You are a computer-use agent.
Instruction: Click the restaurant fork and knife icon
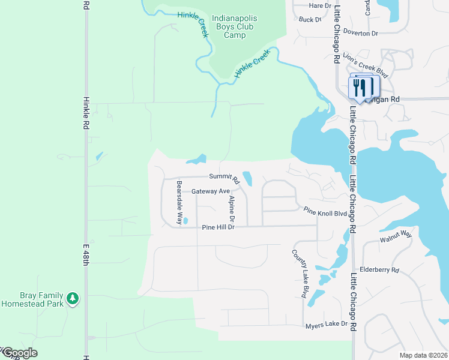(360, 88)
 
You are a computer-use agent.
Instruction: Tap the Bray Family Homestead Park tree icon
(73, 298)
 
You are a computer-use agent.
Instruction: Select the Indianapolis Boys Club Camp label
(235, 26)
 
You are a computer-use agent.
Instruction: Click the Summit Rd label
(224, 177)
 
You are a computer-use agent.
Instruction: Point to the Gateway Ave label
(211, 191)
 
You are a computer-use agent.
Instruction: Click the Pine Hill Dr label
(218, 227)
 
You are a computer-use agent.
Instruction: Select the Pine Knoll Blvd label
(325, 212)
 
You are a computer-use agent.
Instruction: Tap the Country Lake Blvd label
(300, 274)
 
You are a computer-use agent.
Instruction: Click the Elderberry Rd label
(379, 270)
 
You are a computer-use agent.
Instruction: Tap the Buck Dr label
(310, 19)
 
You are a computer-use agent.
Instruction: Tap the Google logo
(19, 353)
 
